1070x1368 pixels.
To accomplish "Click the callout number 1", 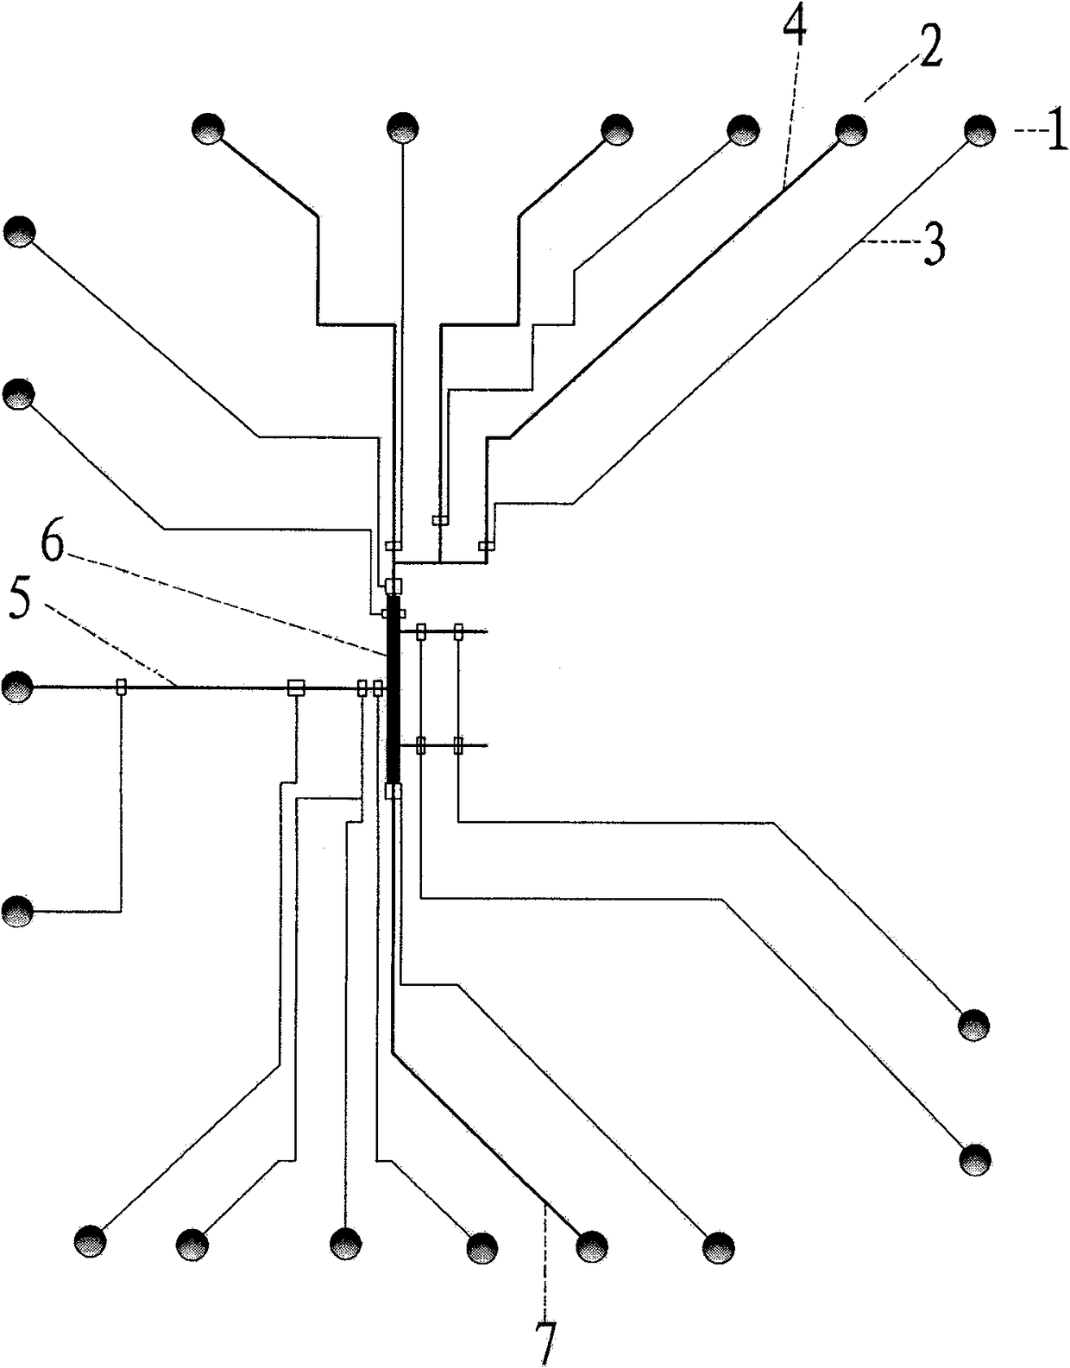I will (x=1055, y=135).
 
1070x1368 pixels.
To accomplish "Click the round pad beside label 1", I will (x=979, y=131).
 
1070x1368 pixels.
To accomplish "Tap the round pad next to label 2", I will (x=852, y=129).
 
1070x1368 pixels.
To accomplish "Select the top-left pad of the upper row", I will (x=208, y=129).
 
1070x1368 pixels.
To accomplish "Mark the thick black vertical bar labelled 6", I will (x=394, y=690).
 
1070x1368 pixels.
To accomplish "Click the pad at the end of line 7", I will (x=592, y=1246).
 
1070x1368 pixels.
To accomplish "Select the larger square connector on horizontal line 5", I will (x=296, y=687).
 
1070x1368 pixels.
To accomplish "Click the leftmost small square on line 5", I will (x=121, y=687).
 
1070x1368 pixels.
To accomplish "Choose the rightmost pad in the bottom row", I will (x=718, y=1247).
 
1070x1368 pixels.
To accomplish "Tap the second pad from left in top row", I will (x=402, y=129).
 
